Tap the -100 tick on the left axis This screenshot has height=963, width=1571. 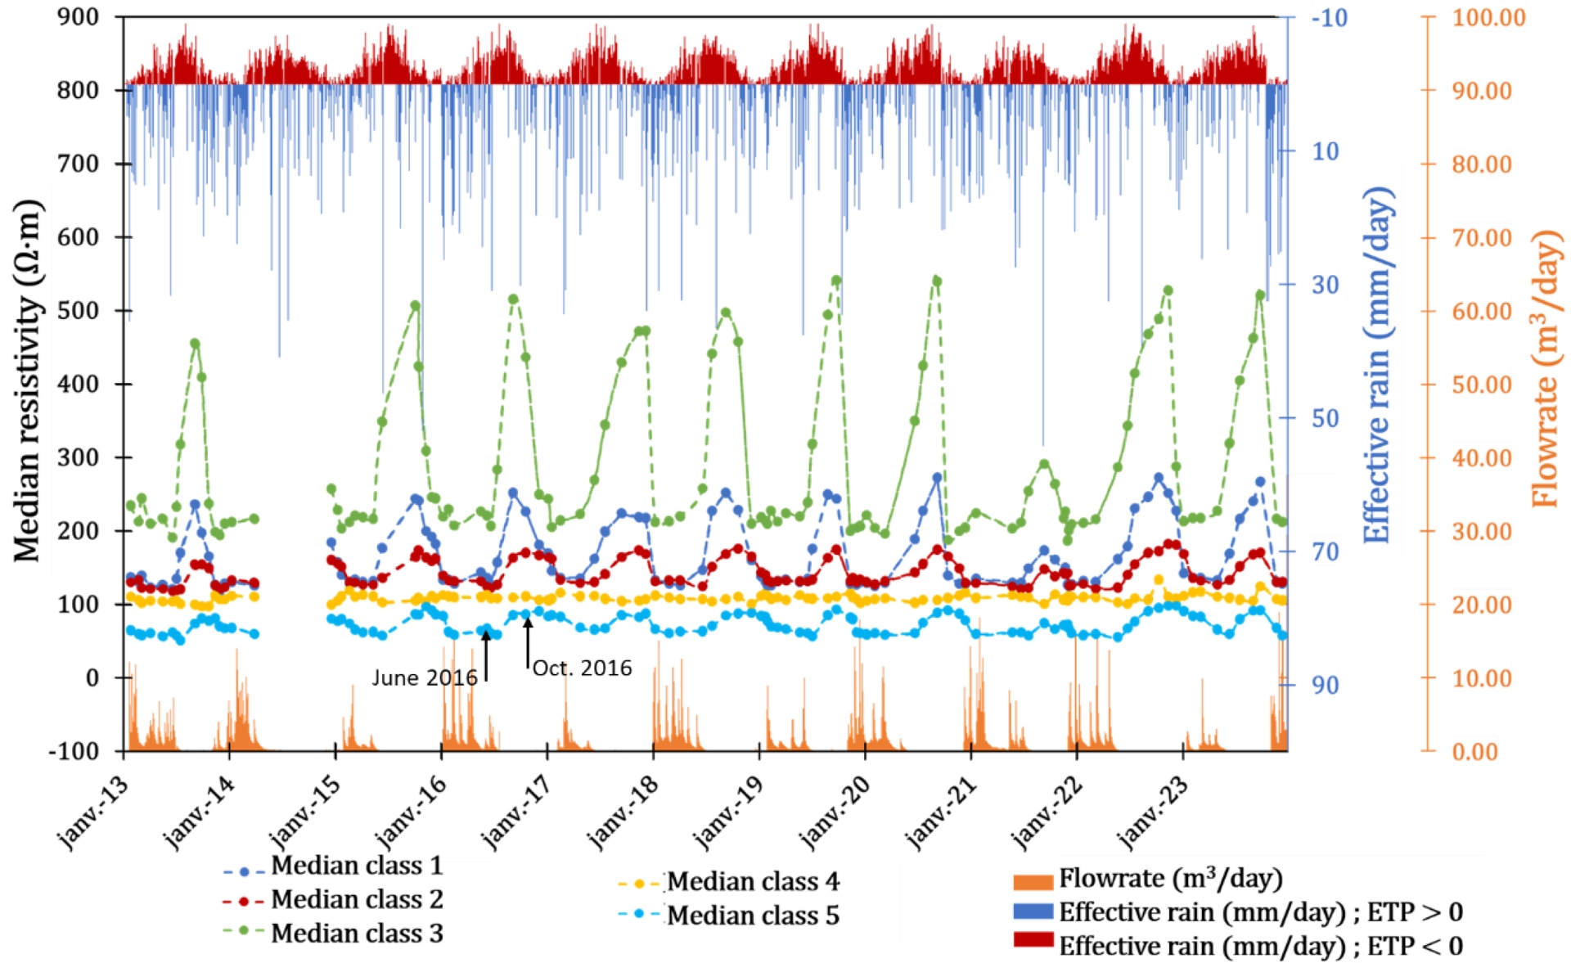73,751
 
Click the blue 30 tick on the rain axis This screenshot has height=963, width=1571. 1325,285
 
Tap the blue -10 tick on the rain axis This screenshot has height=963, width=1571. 1329,17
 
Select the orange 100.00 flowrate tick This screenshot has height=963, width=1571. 1488,17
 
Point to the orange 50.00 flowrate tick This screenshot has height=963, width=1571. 1482,384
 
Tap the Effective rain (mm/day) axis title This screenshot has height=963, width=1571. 1377,364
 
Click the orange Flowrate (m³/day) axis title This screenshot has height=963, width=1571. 1546,367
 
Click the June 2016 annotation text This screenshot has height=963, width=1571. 425,677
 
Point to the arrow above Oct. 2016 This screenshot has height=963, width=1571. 528,643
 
